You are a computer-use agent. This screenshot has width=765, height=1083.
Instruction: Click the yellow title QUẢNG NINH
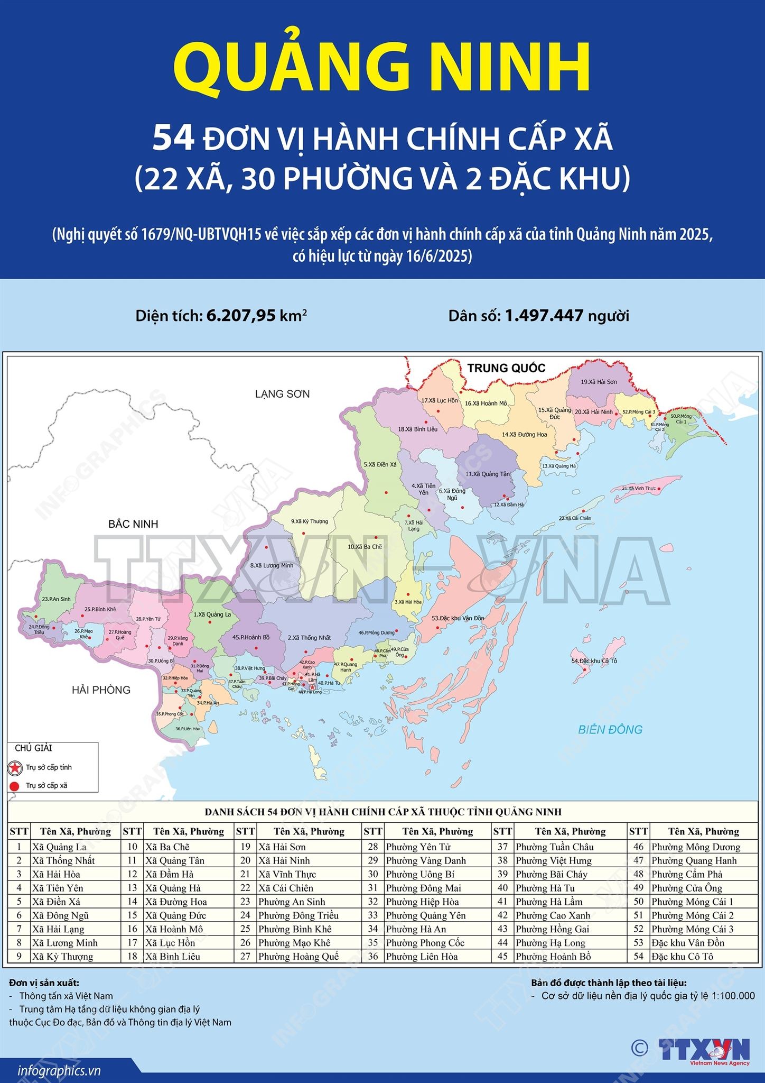click(381, 68)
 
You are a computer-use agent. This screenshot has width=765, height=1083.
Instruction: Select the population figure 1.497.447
click(544, 316)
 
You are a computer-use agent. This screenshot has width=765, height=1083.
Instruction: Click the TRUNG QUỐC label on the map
click(506, 368)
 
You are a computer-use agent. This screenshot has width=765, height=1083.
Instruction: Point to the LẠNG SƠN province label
click(282, 394)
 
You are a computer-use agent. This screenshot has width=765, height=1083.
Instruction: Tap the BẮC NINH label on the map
click(133, 524)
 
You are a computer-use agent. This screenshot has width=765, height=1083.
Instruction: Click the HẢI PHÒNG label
click(101, 690)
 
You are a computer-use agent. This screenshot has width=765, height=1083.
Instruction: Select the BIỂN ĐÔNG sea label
click(610, 729)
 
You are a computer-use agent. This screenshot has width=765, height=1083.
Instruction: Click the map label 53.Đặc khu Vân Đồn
click(458, 618)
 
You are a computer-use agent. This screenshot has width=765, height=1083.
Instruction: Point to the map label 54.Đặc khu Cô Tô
click(594, 661)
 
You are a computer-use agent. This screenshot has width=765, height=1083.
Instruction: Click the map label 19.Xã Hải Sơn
click(599, 382)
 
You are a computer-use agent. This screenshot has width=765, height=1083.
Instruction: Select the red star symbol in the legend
click(15, 767)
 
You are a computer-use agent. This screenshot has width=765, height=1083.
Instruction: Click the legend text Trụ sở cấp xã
click(46, 785)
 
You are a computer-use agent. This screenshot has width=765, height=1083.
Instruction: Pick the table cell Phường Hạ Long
click(550, 943)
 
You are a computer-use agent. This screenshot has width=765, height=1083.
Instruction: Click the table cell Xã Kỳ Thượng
click(62, 957)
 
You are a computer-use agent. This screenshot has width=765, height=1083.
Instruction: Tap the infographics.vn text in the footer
click(59, 1071)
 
